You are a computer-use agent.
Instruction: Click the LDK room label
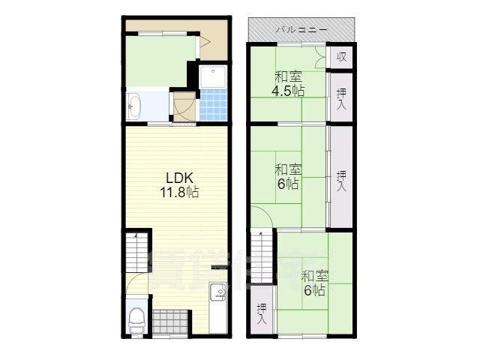[x=179, y=178]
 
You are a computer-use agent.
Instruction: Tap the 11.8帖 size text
[x=179, y=192]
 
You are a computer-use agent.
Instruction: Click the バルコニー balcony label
[x=301, y=30]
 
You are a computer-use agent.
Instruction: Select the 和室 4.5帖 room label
[x=288, y=83]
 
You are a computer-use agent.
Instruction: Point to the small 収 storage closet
[x=341, y=57]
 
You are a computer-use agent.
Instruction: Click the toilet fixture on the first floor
[x=136, y=320]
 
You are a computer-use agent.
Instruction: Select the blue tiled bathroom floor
[x=213, y=105]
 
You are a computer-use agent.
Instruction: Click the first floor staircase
[x=136, y=252]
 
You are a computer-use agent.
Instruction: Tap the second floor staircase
[x=261, y=257]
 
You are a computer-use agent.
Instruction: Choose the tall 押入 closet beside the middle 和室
[x=341, y=177]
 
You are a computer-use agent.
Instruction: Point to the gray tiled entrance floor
[x=170, y=322]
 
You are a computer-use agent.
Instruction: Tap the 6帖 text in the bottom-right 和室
[x=314, y=289]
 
